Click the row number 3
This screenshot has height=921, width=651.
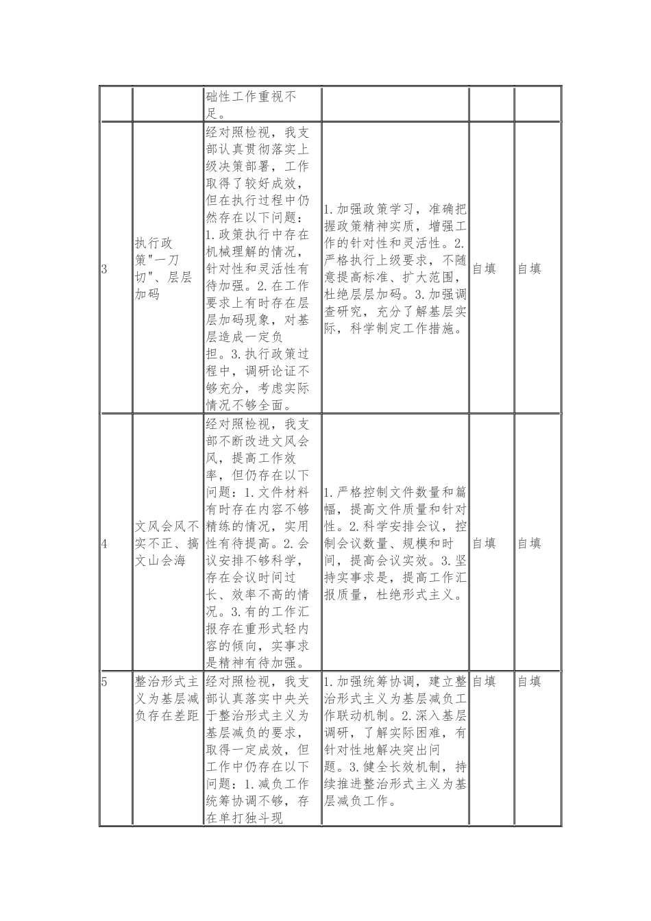104,269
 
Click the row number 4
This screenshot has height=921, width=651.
104,543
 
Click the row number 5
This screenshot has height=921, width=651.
104,682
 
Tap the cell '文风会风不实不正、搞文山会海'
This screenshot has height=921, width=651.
167,543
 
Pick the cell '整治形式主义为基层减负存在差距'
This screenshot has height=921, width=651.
167,699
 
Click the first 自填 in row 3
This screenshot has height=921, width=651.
484,269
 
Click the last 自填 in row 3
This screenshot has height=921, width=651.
529,269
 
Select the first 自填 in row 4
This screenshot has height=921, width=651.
484,543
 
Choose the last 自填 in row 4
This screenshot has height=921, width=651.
529,543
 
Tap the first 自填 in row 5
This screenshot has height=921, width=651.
484,682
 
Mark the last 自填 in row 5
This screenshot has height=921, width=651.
529,682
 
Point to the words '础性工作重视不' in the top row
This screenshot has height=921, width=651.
251,97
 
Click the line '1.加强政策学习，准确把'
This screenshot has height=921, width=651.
395,209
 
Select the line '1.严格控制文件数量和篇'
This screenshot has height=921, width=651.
395,492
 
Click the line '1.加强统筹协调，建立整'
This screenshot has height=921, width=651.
395,682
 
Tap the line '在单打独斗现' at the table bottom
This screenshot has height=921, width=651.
244,818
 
